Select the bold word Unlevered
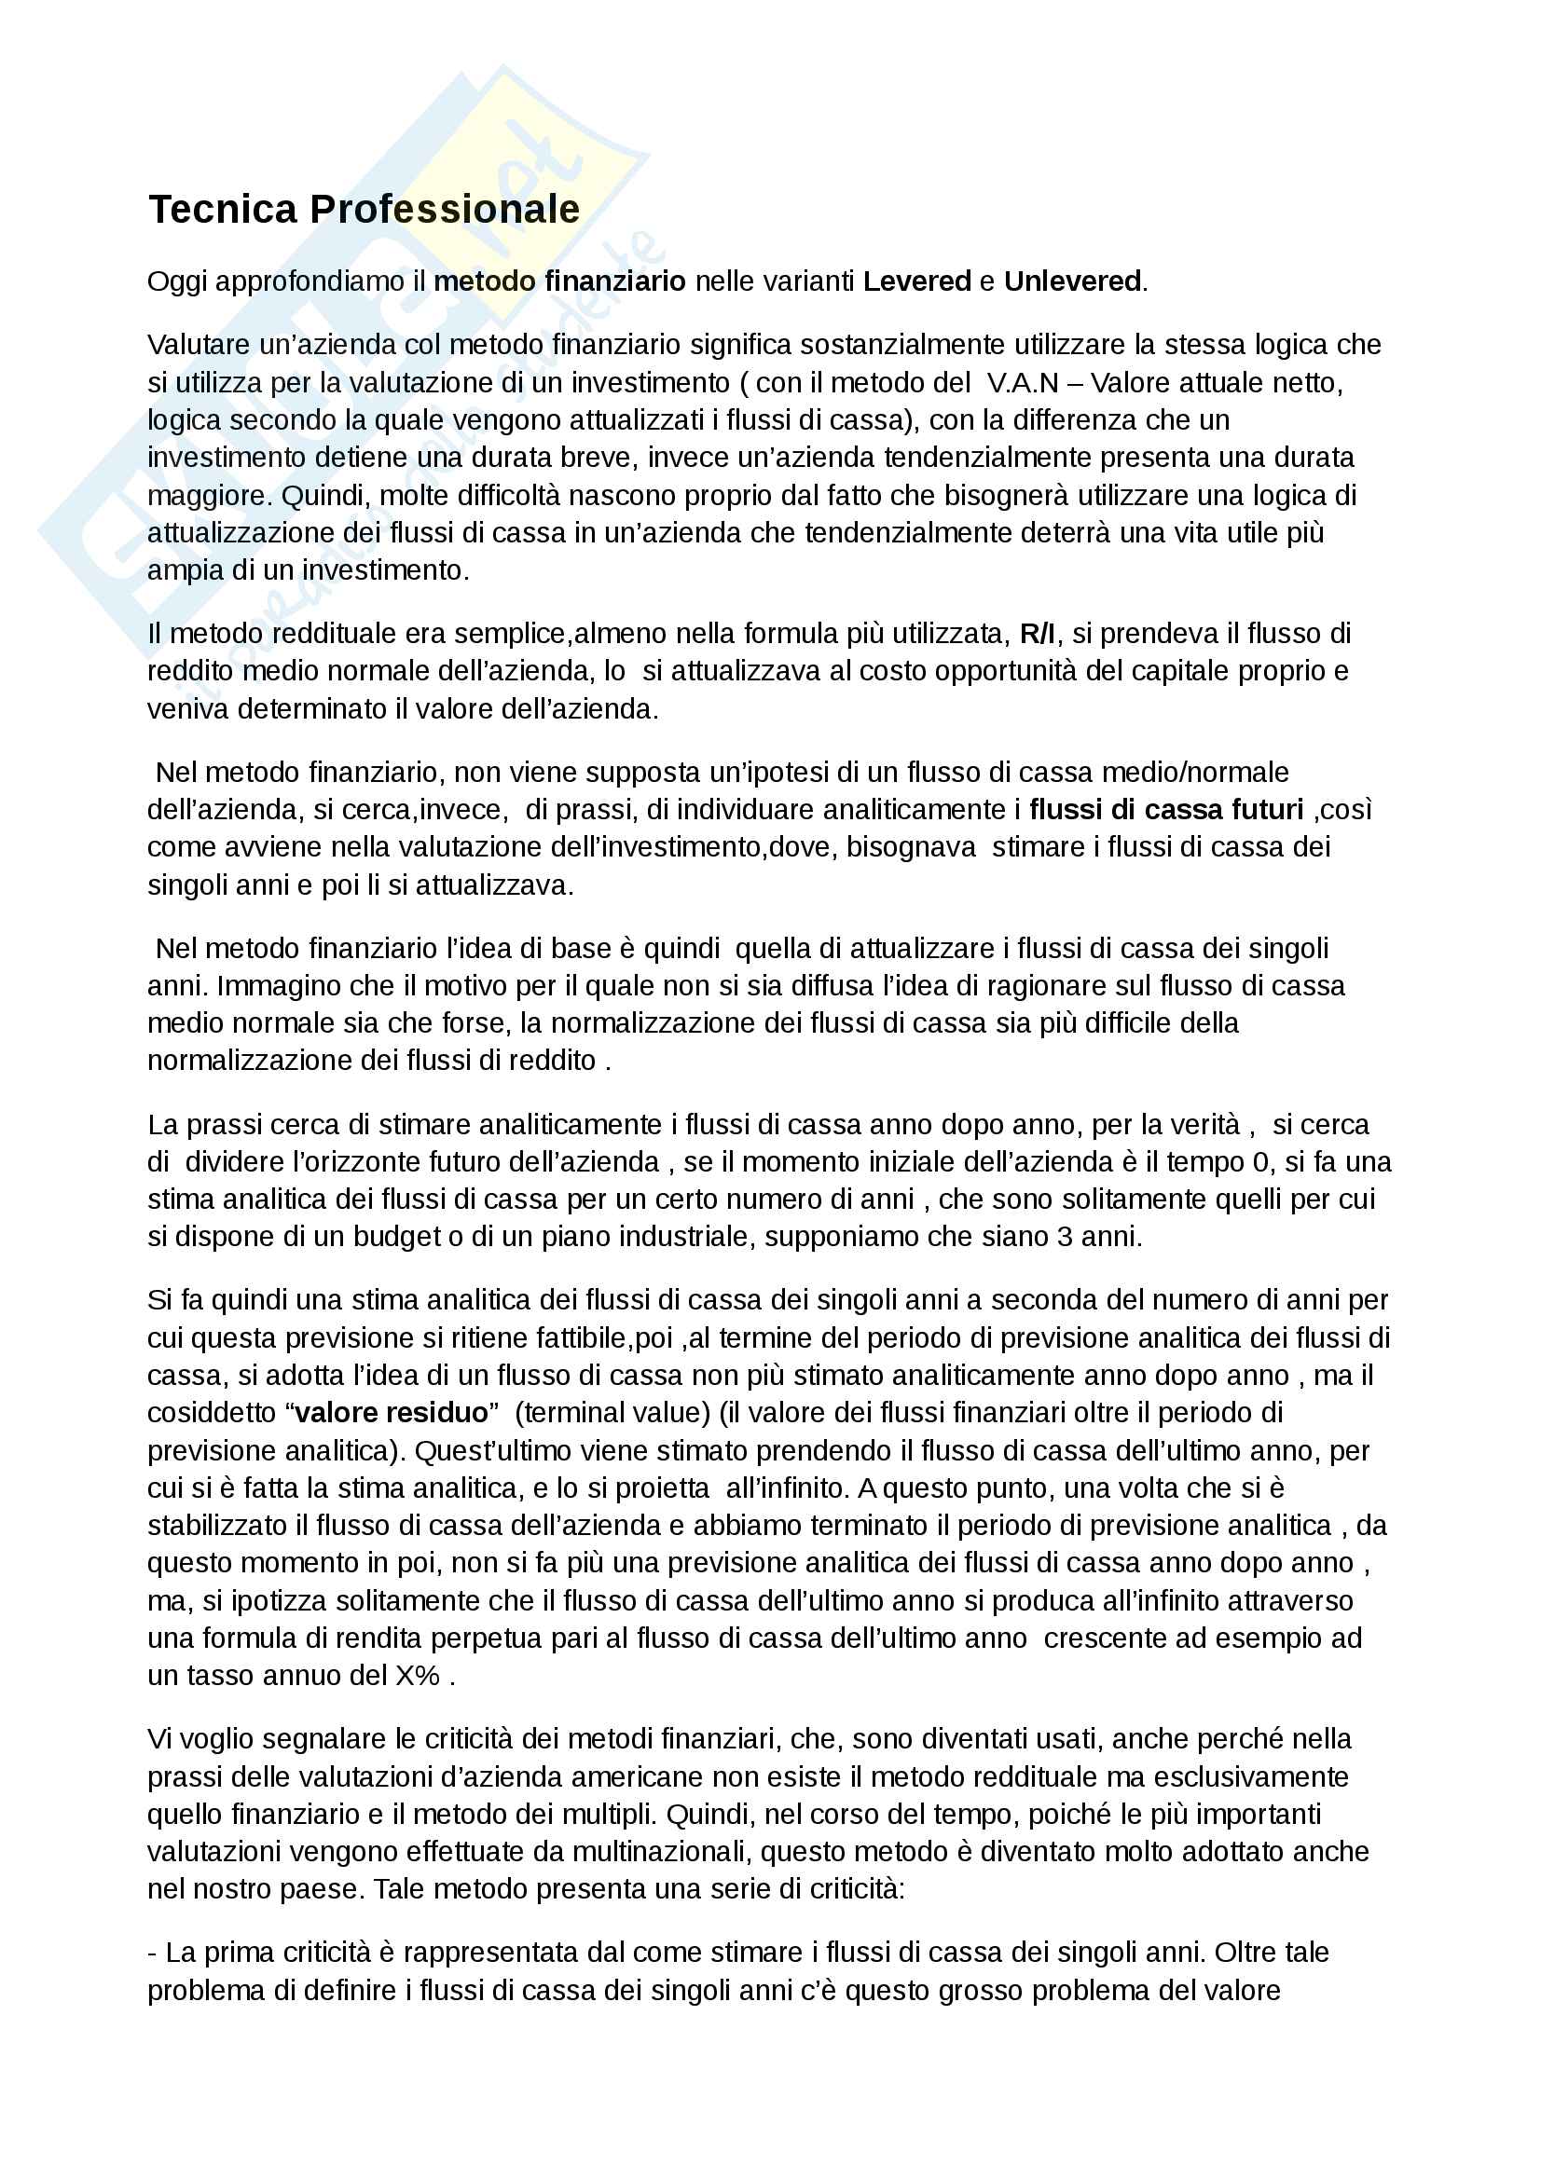click(x=1072, y=281)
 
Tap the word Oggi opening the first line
click(x=177, y=282)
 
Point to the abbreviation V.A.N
click(x=1023, y=383)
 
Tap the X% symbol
click(x=417, y=1675)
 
